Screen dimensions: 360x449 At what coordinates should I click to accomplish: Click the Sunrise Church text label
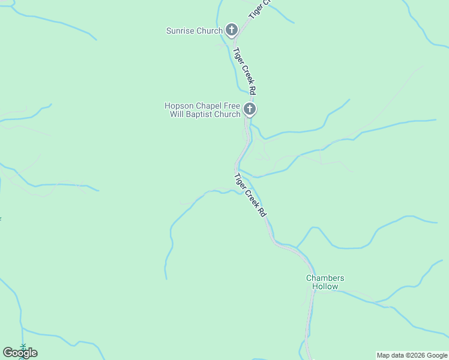coord(194,31)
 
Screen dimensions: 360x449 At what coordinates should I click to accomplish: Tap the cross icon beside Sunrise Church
coord(232,30)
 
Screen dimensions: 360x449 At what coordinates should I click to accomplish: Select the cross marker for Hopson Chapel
coord(250,110)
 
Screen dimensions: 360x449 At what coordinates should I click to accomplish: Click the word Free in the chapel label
coord(232,106)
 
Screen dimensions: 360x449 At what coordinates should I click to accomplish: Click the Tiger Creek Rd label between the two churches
coord(245,71)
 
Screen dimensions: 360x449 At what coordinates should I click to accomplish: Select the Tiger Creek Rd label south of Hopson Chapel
coord(250,195)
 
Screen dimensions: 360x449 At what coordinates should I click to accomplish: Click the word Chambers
coord(325,278)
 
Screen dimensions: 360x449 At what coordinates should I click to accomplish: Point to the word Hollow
coord(325,286)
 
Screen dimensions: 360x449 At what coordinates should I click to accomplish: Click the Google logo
coord(20,353)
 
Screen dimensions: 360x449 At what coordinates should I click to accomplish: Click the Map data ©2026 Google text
coord(412,355)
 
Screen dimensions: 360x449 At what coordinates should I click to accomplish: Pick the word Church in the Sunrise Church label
coord(209,31)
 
